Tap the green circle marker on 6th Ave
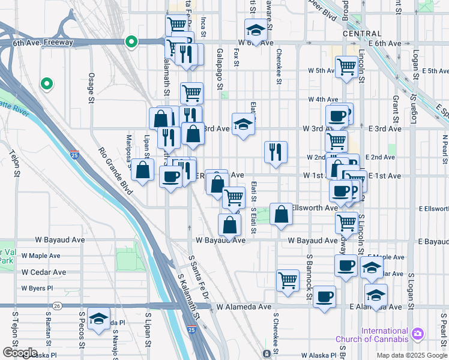click(x=130, y=42)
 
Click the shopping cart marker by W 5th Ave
click(x=347, y=67)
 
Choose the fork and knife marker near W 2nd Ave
click(x=276, y=151)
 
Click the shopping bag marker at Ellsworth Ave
click(x=281, y=214)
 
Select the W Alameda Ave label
click(x=240, y=307)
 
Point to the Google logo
click(x=19, y=353)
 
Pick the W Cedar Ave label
click(x=44, y=272)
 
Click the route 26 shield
click(x=57, y=306)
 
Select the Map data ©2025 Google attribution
click(x=412, y=355)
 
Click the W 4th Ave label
click(x=324, y=100)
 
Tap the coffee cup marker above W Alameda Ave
click(x=324, y=296)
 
